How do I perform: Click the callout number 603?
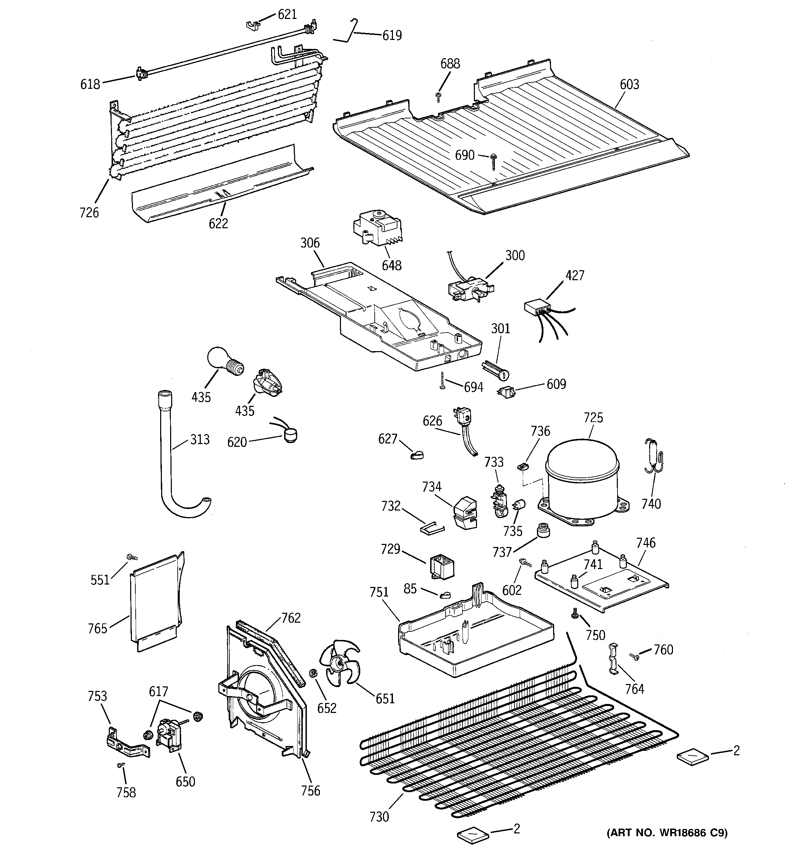(x=629, y=84)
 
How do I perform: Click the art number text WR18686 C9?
(x=667, y=833)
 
